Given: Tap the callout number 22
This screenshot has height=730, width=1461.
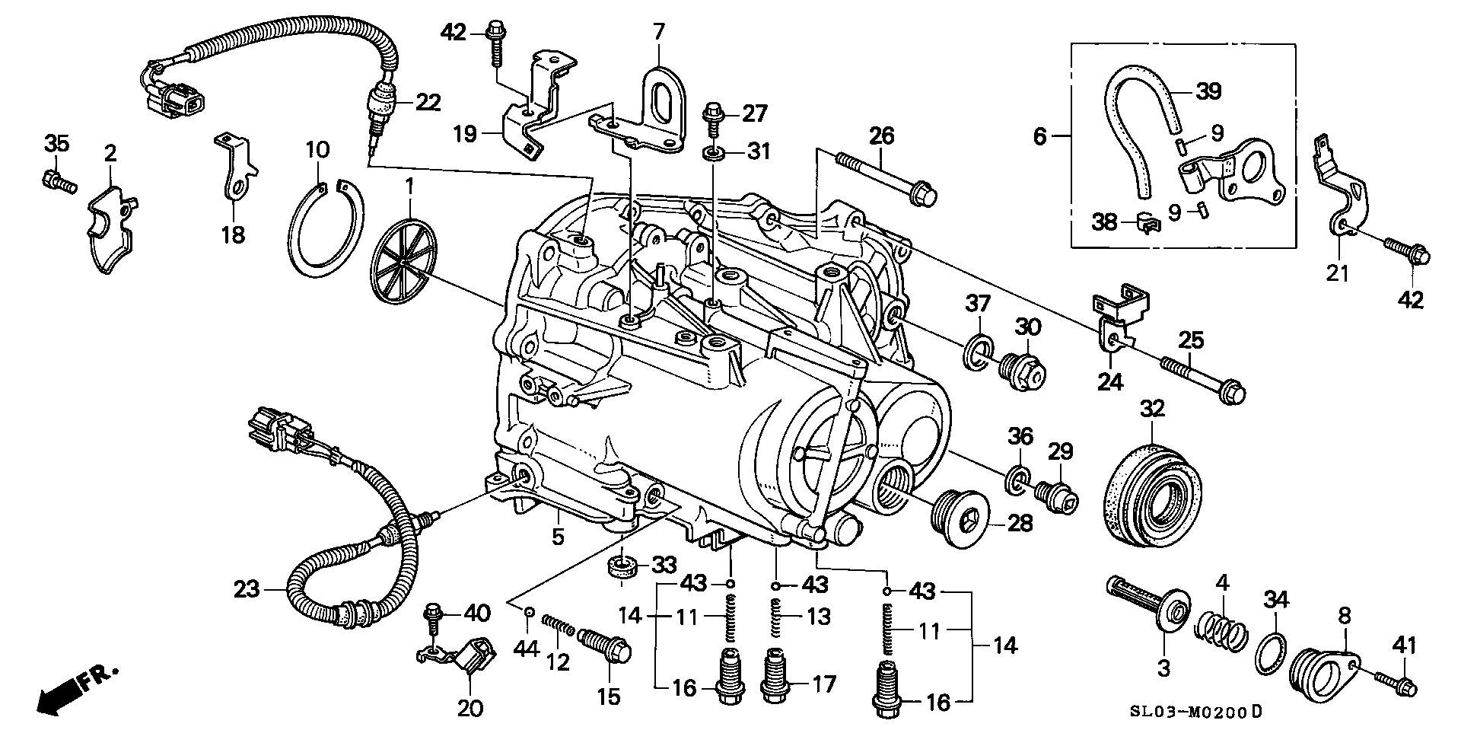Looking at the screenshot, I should [428, 103].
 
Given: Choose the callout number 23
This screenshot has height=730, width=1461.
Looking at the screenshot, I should [248, 589].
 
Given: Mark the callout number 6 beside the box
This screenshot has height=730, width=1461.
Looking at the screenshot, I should [1040, 138].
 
